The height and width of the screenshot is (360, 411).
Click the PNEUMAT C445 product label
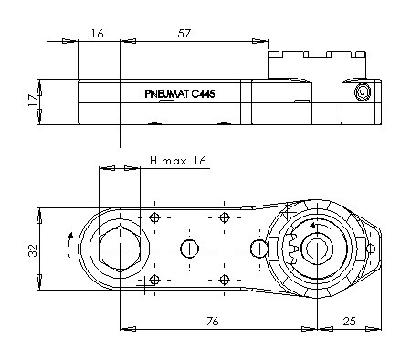[x=180, y=93]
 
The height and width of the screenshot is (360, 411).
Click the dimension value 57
[x=184, y=33]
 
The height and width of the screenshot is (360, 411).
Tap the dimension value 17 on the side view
[x=33, y=100]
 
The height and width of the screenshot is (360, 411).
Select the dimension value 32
[x=33, y=250]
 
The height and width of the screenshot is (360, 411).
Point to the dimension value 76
[x=213, y=321]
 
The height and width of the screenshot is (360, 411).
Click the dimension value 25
[x=350, y=321]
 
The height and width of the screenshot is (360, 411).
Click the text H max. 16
[x=178, y=160]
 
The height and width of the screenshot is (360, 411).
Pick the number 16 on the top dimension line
[x=97, y=33]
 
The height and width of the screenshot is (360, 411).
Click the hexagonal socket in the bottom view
[x=120, y=249]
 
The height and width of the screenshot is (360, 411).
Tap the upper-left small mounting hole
[x=154, y=217]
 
